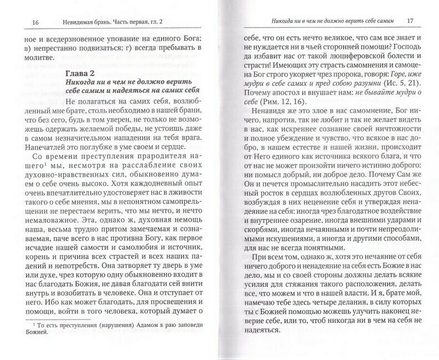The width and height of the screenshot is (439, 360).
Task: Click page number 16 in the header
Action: coord(19,22)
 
